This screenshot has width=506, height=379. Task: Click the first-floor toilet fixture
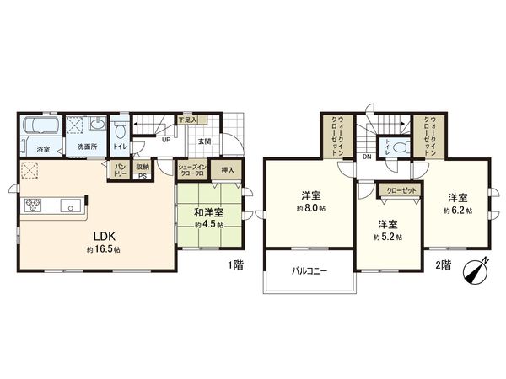121,131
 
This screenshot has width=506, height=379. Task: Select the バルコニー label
310,271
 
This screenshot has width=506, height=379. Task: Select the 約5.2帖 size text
389,237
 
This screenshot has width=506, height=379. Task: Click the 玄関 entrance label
205,141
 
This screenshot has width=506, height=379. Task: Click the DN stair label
367,157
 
